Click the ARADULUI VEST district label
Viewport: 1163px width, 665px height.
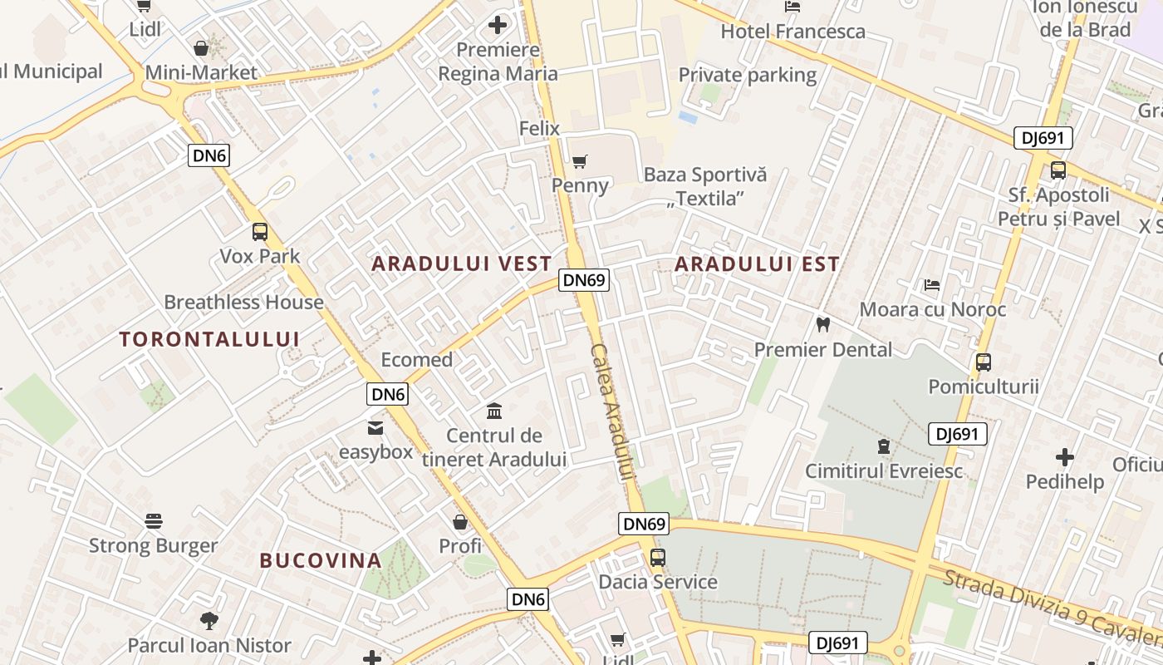pyautogui.click(x=461, y=264)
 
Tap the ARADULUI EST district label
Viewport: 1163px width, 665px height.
pyautogui.click(x=757, y=264)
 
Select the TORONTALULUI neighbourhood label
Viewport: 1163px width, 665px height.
pyautogui.click(x=209, y=339)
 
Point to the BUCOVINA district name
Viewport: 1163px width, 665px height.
pyautogui.click(x=321, y=560)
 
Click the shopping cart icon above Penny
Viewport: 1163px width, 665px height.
pyautogui.click(x=580, y=160)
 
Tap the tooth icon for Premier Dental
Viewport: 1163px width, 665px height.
pyautogui.click(x=822, y=324)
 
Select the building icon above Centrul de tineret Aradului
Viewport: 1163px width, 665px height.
pyautogui.click(x=494, y=411)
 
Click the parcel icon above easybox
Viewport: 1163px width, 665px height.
pyautogui.click(x=375, y=428)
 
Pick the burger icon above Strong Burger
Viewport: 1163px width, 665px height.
pyautogui.click(x=154, y=521)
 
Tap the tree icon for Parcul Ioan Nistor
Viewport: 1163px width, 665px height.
pyautogui.click(x=209, y=620)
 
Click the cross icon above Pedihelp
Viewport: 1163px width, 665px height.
pyautogui.click(x=1065, y=456)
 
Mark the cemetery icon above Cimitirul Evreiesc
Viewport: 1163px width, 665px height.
pyautogui.click(x=884, y=446)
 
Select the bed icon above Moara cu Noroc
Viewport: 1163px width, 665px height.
pyautogui.click(x=932, y=285)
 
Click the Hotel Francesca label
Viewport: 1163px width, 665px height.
pyautogui.click(x=793, y=32)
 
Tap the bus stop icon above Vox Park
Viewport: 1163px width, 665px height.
pyautogui.click(x=260, y=232)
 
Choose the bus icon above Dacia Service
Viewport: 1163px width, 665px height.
pyautogui.click(x=658, y=557)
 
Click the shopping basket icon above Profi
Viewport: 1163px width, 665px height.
pyautogui.click(x=460, y=522)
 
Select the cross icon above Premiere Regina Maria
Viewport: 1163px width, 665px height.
pyautogui.click(x=498, y=25)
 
